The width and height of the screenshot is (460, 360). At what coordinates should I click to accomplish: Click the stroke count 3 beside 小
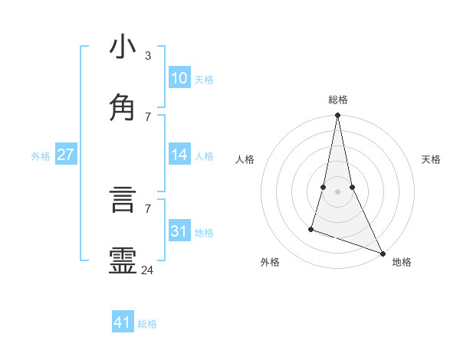[147, 56]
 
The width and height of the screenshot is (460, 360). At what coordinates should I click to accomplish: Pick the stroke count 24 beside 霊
[148, 270]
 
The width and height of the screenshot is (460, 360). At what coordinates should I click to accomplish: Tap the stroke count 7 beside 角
[148, 116]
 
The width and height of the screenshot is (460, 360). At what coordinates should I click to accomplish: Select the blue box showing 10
[179, 78]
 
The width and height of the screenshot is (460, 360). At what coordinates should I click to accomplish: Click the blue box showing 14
[179, 155]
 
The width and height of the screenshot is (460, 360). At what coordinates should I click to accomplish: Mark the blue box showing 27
[65, 155]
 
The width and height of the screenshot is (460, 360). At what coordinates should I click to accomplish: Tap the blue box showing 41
[123, 322]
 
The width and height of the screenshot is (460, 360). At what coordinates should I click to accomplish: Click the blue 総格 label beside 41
[148, 324]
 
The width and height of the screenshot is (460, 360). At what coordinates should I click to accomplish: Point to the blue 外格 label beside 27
[41, 156]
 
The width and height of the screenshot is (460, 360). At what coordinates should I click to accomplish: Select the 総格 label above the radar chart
[338, 100]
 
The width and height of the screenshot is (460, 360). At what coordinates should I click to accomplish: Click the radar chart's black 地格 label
[402, 262]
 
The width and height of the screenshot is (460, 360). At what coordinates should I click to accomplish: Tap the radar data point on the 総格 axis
[337, 116]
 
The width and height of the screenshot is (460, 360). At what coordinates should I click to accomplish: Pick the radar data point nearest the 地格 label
[382, 253]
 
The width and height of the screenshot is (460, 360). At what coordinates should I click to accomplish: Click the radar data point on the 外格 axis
[311, 228]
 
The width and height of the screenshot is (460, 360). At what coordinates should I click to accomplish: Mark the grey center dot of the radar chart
[337, 191]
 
